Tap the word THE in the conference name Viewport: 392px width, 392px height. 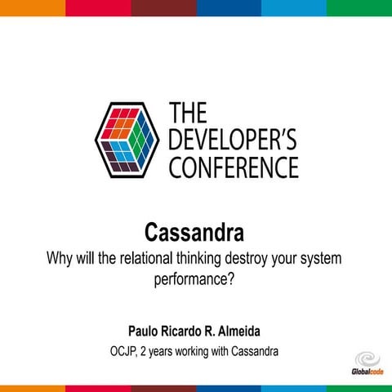pos(187,114)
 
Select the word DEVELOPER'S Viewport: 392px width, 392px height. pos(232,140)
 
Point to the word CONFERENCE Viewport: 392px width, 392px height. pos(233,167)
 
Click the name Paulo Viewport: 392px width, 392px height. pos(145,331)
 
